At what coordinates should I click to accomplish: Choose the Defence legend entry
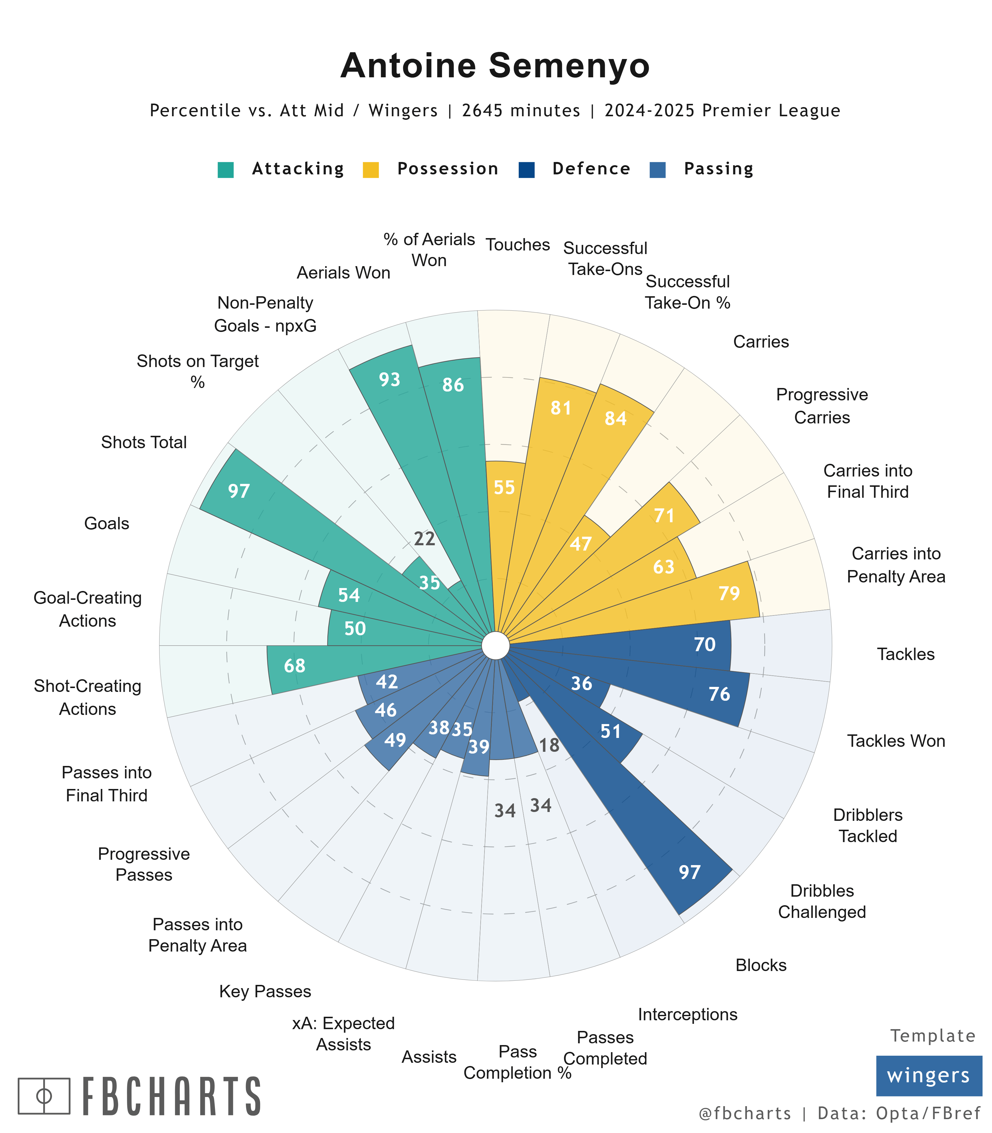tap(591, 169)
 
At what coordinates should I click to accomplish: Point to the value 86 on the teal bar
tap(453, 385)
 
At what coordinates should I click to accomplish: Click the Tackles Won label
tap(896, 741)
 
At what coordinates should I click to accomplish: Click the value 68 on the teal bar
tap(295, 666)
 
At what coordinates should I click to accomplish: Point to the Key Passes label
tap(265, 991)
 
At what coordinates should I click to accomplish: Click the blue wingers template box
tap(928, 1075)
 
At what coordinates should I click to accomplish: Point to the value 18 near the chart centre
tap(549, 745)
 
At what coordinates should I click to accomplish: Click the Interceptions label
tap(688, 1014)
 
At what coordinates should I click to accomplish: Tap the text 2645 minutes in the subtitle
tap(521, 111)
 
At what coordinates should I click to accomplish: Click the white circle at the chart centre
tap(495, 646)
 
